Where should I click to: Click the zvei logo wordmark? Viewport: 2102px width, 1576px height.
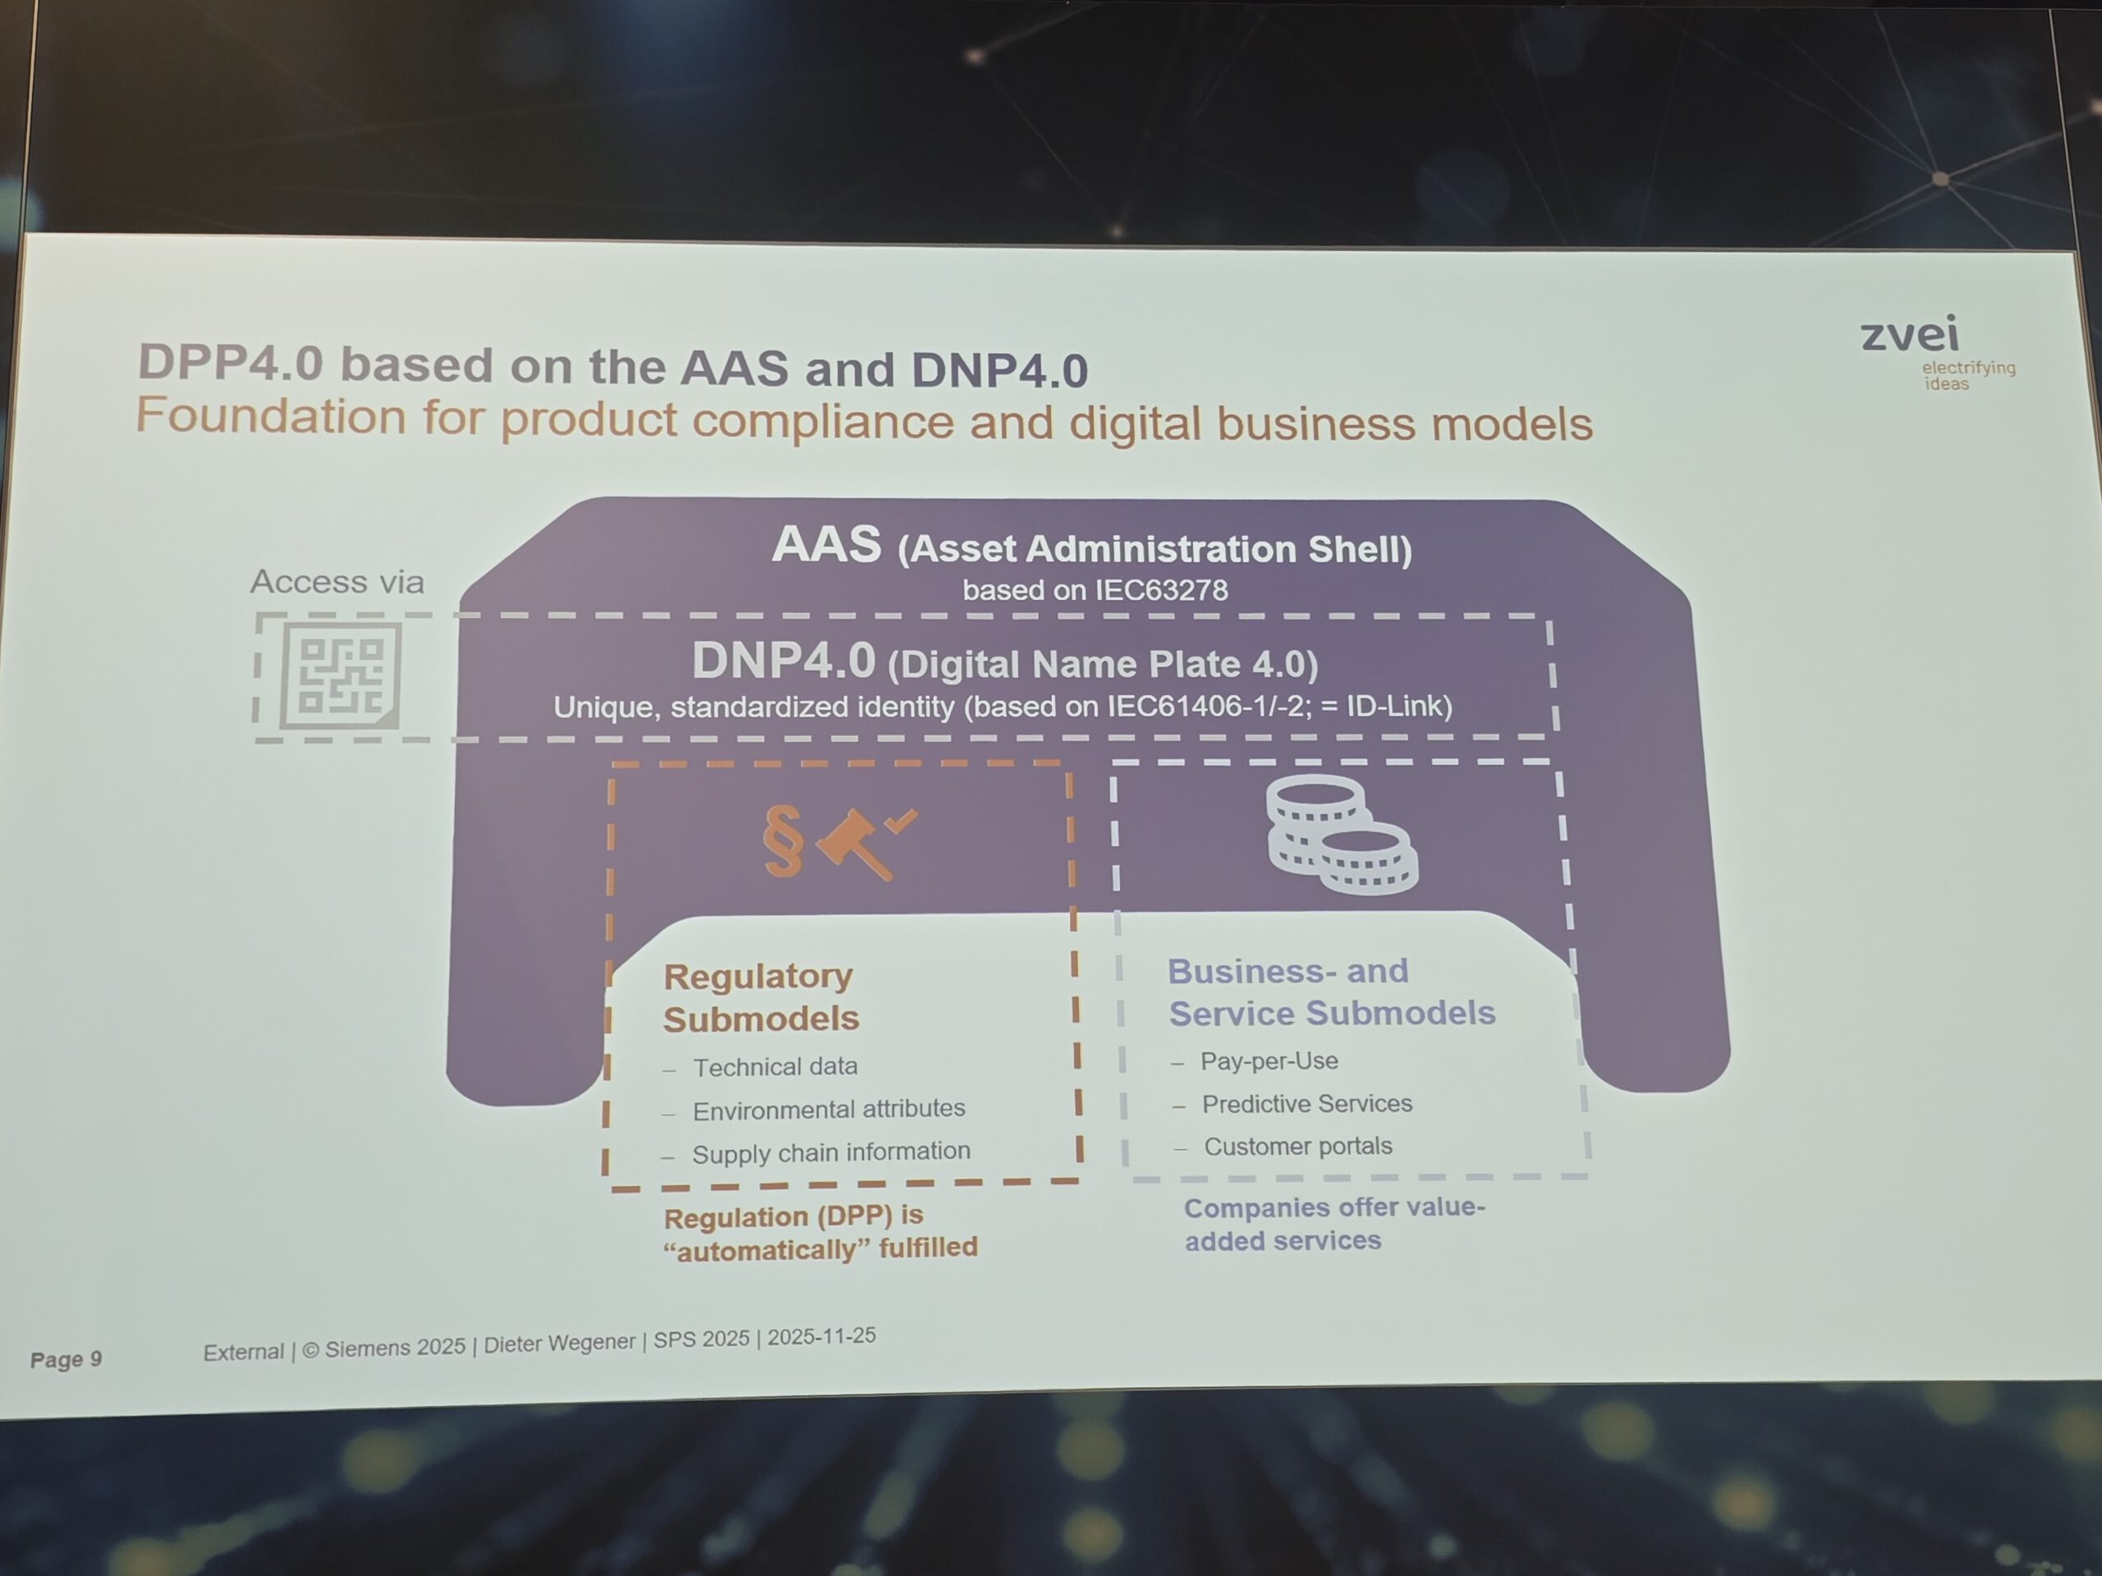coord(1909,334)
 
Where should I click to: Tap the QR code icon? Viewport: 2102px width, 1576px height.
coord(339,676)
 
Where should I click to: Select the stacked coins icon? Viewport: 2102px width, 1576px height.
coord(1342,835)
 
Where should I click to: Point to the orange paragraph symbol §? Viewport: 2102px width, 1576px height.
coord(783,841)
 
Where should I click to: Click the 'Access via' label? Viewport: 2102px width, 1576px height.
coord(337,581)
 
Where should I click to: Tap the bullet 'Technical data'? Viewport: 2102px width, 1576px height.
coord(774,1067)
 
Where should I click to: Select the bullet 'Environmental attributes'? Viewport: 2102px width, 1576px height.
coord(828,1109)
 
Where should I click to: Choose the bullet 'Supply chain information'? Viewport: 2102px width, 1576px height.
coord(831,1152)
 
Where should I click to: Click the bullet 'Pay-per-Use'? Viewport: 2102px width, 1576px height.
coord(1269,1061)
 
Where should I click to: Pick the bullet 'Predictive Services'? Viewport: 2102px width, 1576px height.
coord(1306,1104)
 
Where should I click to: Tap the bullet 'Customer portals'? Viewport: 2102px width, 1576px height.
coord(1297,1147)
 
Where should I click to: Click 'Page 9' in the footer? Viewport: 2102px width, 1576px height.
coord(66,1358)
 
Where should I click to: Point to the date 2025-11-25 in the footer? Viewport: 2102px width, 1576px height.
coord(821,1336)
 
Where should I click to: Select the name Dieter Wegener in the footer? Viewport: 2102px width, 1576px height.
coord(559,1343)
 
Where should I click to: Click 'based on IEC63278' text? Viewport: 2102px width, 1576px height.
coord(1095,590)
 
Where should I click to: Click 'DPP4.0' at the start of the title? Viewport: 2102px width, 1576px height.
coord(231,363)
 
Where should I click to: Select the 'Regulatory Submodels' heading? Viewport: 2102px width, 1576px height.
coord(760,996)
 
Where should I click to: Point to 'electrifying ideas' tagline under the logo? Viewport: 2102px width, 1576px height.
coord(1967,375)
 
